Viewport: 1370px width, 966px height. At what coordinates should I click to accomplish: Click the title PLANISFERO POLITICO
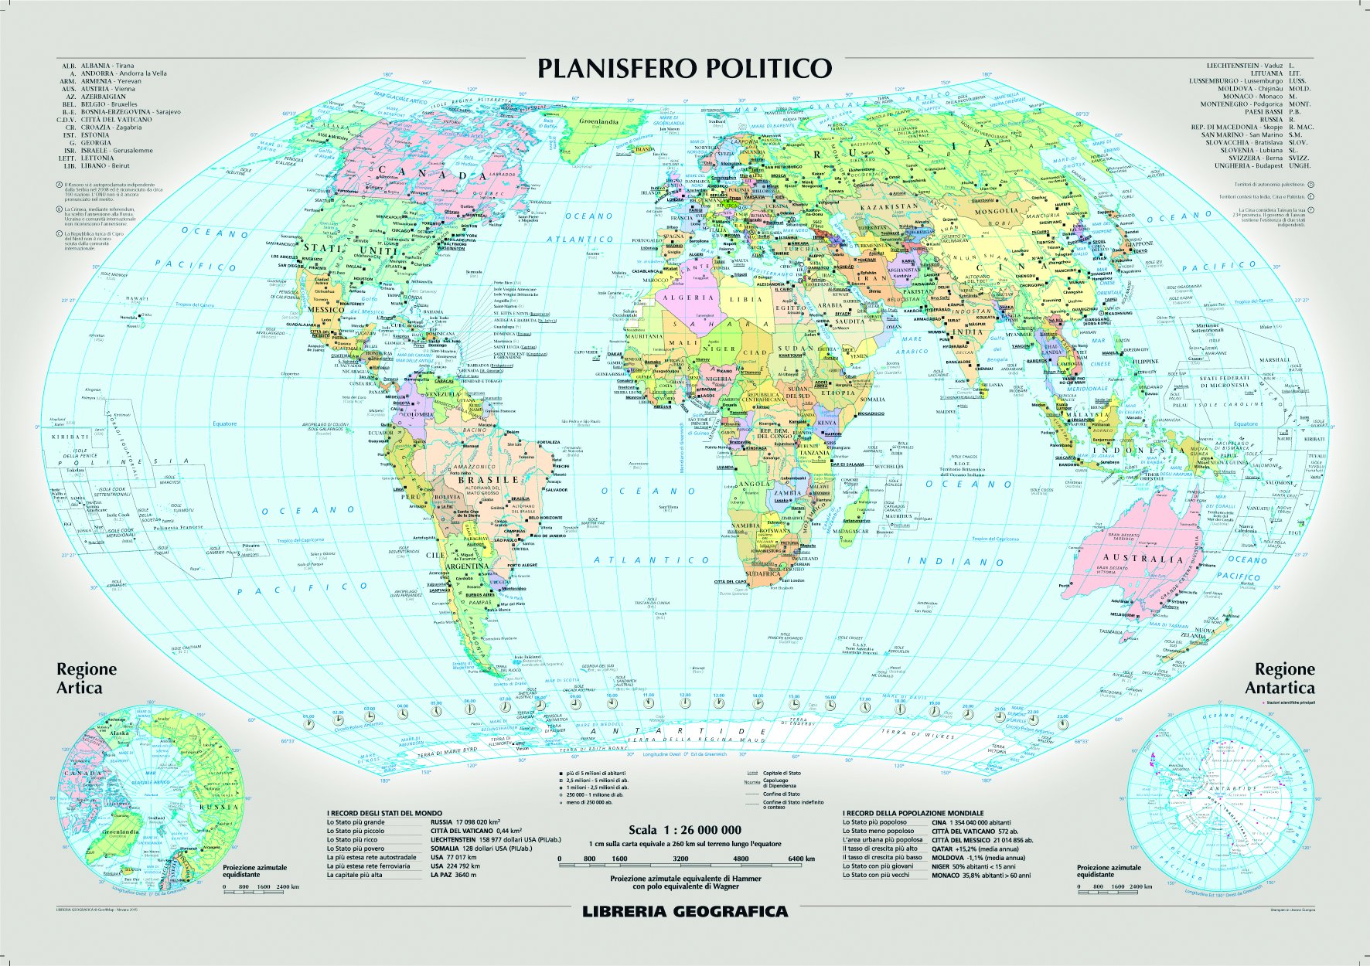pos(684,68)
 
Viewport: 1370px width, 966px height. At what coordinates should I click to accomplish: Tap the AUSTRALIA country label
pos(1143,558)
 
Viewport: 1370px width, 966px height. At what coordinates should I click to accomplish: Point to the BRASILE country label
pos(489,480)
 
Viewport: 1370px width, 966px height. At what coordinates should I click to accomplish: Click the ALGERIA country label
pos(688,298)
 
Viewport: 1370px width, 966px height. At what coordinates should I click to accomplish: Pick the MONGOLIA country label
pos(996,211)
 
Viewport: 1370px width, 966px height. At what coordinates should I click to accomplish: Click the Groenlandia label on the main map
pos(599,121)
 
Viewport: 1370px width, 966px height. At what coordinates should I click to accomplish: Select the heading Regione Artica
pos(86,678)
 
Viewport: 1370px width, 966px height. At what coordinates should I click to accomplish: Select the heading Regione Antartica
pos(1283,678)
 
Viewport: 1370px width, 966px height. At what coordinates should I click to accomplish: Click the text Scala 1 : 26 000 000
pos(684,830)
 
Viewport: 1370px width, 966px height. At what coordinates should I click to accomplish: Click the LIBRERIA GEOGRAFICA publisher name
pos(684,911)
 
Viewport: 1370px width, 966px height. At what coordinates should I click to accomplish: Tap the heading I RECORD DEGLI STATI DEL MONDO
pos(384,813)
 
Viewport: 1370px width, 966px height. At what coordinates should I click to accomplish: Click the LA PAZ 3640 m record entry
pos(454,875)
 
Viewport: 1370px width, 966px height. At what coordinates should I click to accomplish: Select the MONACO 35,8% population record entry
pos(980,876)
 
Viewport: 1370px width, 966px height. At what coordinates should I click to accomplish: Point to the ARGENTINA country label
pos(466,566)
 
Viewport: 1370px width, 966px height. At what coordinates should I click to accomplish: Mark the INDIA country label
pos(966,332)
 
